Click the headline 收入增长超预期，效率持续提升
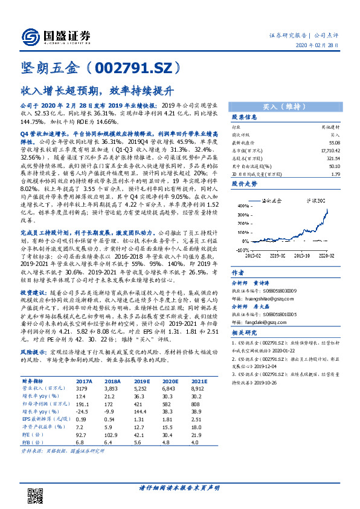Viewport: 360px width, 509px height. (x=97, y=91)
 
